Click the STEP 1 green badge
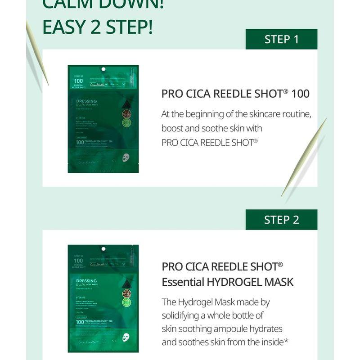pyautogui.click(x=281, y=39)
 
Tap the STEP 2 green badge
pyautogui.click(x=281, y=220)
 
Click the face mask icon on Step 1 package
pyautogui.click(x=126, y=157)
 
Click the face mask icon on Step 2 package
pyautogui.click(x=126, y=337)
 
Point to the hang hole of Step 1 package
pyautogui.click(x=103, y=69)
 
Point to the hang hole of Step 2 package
pyautogui.click(x=103, y=248)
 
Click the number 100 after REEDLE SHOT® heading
pyautogui.click(x=301, y=94)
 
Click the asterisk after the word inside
pyautogui.click(x=286, y=341)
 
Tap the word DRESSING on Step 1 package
pyautogui.click(x=86, y=101)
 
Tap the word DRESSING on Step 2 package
pyautogui.click(x=86, y=280)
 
